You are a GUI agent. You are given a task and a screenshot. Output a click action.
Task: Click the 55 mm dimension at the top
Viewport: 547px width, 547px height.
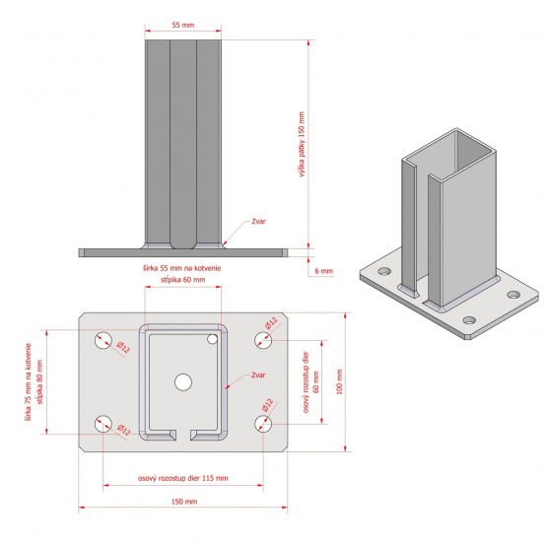coord(182,25)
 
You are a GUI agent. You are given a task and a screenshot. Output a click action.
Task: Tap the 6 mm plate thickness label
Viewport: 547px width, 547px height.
coord(323,271)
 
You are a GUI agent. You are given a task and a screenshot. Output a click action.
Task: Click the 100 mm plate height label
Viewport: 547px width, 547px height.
coord(339,381)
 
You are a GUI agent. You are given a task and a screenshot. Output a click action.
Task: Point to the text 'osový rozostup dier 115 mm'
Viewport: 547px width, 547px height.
coord(182,478)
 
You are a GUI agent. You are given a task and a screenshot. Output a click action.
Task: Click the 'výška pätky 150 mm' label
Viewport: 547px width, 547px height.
coord(302,144)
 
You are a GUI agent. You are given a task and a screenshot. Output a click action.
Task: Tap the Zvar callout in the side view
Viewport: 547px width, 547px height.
coord(258,221)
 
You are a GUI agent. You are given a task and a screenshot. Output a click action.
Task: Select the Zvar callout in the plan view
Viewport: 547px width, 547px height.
coord(258,376)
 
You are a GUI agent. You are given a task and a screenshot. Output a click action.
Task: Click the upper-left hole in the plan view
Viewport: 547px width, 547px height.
coord(103,340)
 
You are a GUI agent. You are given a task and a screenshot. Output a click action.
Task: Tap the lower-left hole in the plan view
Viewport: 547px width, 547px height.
coord(103,424)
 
